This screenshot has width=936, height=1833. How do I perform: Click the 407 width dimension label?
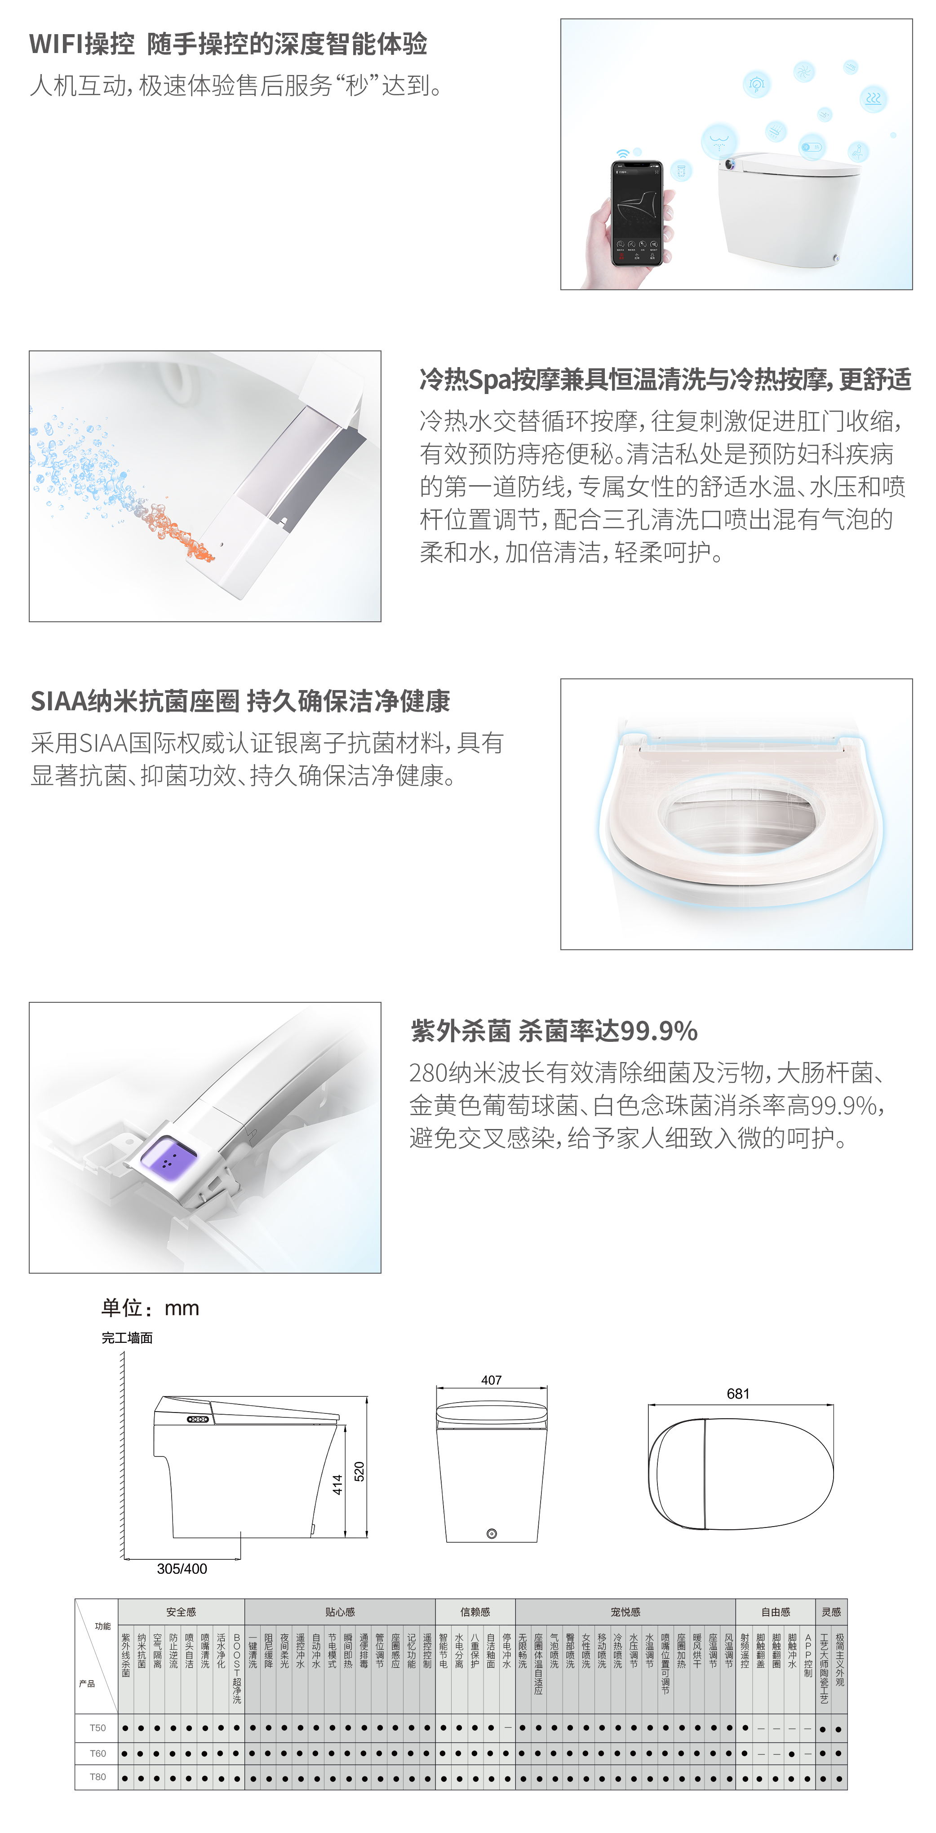click(491, 1380)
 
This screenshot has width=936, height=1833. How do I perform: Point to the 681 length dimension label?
click(738, 1393)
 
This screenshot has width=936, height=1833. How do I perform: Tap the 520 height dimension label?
click(359, 1471)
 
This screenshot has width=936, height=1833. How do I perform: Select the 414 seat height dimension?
click(337, 1484)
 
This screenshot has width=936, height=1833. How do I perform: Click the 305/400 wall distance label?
click(182, 1568)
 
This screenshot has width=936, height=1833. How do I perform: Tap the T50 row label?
click(98, 1728)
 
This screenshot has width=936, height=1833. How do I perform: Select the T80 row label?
click(98, 1777)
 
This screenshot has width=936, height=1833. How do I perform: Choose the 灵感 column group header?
click(831, 1612)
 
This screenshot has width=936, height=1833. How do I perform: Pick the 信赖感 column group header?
click(475, 1612)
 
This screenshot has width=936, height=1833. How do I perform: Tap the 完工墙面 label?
click(127, 1338)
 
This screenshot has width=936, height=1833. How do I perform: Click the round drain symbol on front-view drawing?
click(491, 1533)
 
